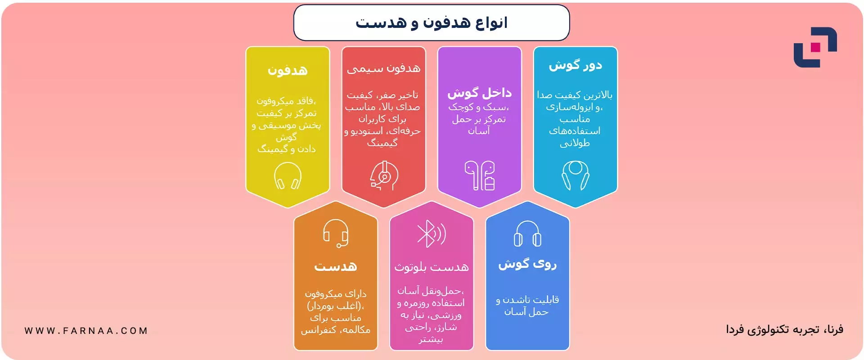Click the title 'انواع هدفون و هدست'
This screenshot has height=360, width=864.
coord(432,22)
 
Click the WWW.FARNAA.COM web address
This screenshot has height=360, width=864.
coord(86,331)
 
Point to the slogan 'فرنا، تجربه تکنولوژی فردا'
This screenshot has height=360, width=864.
coord(784,330)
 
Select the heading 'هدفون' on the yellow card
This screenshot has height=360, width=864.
coord(288,70)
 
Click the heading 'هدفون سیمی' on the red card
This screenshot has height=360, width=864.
coord(383,68)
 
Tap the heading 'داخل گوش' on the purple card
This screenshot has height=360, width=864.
coord(479,93)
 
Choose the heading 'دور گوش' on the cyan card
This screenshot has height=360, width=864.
coord(575,66)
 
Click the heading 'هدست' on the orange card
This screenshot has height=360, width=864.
coord(336,266)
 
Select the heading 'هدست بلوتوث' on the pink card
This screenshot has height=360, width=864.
coord(432,267)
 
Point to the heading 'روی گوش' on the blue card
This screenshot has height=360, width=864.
coord(527,264)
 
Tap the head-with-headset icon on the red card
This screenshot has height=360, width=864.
coord(384,175)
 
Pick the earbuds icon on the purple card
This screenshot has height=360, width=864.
coord(480,175)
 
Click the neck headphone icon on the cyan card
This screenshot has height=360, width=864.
coord(576,175)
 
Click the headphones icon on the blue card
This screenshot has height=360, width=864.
coord(528,234)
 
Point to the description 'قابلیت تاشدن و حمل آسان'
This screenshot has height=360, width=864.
coord(527,306)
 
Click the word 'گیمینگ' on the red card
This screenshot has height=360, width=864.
coord(382,143)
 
